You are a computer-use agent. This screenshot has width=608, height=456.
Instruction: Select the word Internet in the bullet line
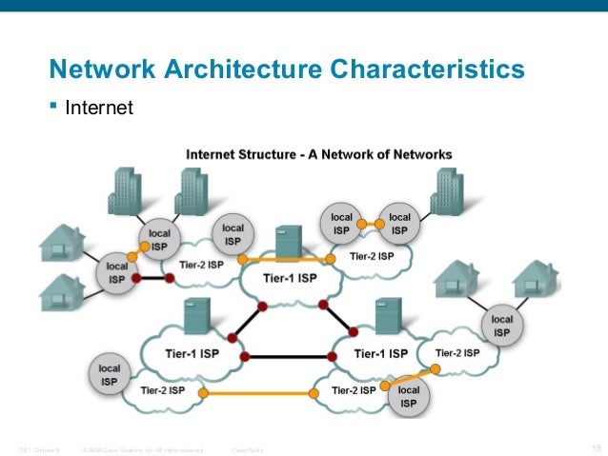coord(99,109)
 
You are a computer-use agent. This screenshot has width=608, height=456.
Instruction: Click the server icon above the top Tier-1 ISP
coord(287,243)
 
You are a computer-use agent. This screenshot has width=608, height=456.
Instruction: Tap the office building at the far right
coord(446,191)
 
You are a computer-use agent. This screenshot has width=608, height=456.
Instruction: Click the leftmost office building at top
coord(124,191)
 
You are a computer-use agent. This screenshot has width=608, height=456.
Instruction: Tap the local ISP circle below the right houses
coord(501,327)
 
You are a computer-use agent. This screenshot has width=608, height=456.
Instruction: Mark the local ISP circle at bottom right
coord(408,397)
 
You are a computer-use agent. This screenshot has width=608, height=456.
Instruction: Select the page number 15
coord(597,448)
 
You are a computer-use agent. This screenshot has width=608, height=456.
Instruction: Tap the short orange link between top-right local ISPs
coord(366,224)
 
